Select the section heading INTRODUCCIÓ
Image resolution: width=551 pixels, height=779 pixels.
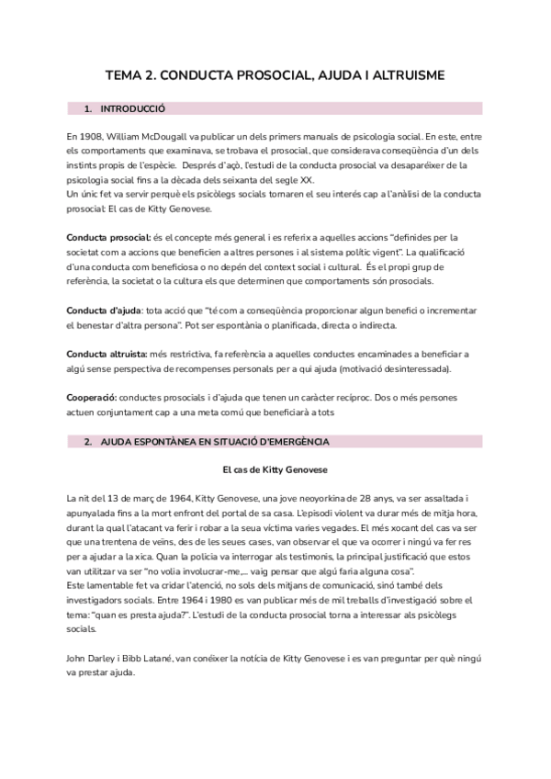(132, 108)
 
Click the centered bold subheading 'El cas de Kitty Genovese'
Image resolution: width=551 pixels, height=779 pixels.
(275, 469)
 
